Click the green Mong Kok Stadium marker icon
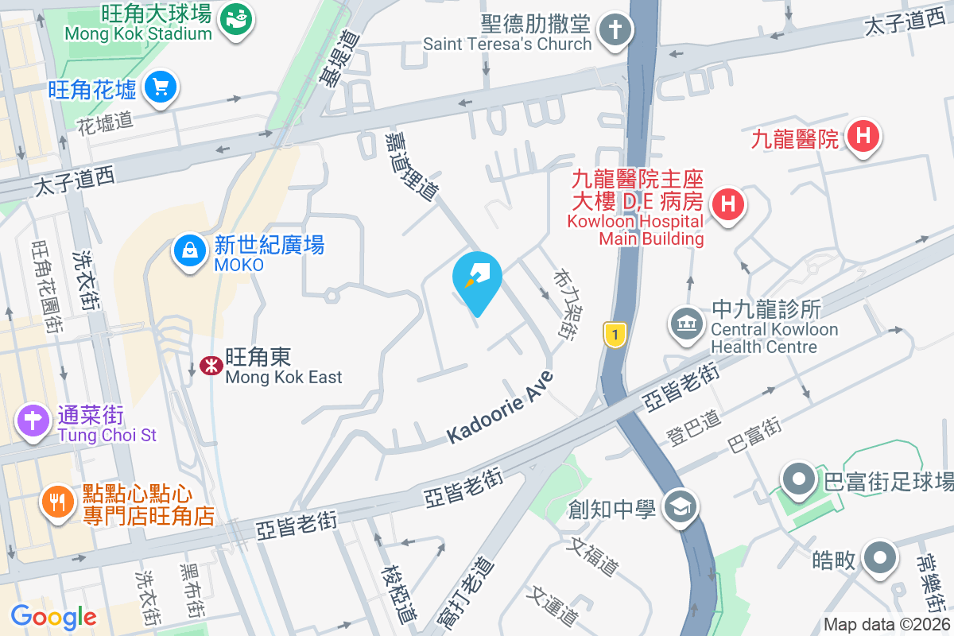tap(236, 16)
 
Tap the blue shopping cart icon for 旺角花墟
tap(161, 87)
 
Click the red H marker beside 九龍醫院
tap(863, 136)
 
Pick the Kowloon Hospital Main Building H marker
tap(727, 204)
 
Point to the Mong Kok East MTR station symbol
tap(211, 366)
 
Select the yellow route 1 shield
tap(614, 334)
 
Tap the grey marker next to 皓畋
tap(879, 558)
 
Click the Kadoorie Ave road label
tap(499, 407)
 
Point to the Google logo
tap(53, 616)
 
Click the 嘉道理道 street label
tap(410, 166)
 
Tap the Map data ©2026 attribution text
tap(886, 625)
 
